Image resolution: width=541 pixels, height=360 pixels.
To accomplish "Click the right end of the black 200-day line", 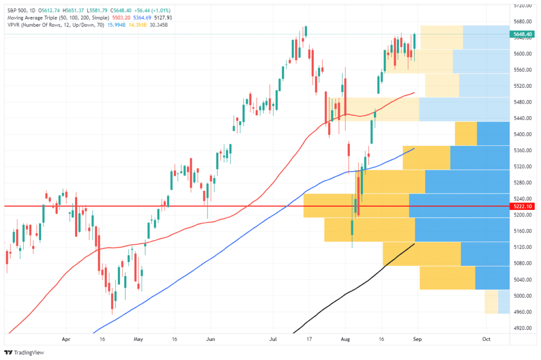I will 414,244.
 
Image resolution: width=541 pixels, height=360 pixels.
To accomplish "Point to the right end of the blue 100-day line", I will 414,149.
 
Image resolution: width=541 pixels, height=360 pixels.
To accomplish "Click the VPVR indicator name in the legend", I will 14,25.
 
